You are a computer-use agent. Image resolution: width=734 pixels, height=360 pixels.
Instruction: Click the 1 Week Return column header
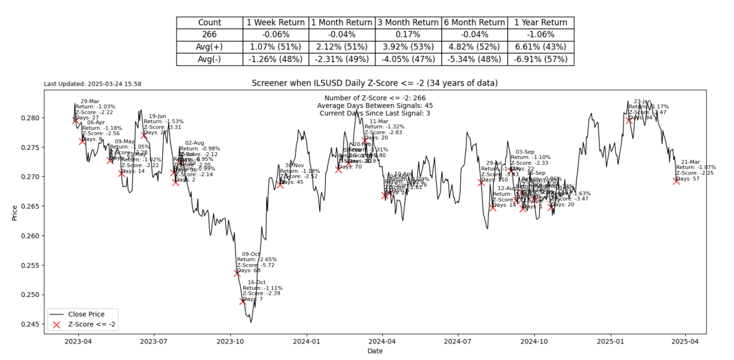[x=276, y=23]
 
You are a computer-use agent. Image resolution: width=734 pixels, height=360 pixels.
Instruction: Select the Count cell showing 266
[x=209, y=35]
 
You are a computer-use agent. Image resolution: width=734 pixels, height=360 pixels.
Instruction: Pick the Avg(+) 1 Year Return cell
[x=540, y=47]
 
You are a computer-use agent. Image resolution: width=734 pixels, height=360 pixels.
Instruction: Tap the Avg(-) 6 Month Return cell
[x=474, y=59]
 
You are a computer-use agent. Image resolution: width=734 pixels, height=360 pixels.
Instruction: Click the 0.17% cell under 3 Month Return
[x=408, y=35]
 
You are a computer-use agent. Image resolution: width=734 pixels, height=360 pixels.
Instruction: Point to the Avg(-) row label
[x=209, y=59]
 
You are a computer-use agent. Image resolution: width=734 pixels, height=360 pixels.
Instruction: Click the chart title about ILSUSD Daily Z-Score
[x=374, y=83]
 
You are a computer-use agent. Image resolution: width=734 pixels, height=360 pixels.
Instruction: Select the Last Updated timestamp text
[x=93, y=84]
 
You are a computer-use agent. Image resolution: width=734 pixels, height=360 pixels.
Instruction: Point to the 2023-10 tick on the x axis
[x=230, y=342]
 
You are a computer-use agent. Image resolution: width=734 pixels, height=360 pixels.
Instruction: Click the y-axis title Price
[x=15, y=212]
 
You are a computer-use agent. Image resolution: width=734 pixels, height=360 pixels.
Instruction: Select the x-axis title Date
[x=374, y=351]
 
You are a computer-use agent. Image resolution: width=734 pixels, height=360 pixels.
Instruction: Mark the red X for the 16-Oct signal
[x=243, y=302]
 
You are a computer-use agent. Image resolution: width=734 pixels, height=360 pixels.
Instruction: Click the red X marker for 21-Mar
[x=676, y=181]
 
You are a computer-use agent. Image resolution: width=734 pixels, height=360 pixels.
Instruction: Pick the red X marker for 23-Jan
[x=629, y=120]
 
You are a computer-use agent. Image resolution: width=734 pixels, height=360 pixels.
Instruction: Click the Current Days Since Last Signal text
[x=374, y=113]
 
